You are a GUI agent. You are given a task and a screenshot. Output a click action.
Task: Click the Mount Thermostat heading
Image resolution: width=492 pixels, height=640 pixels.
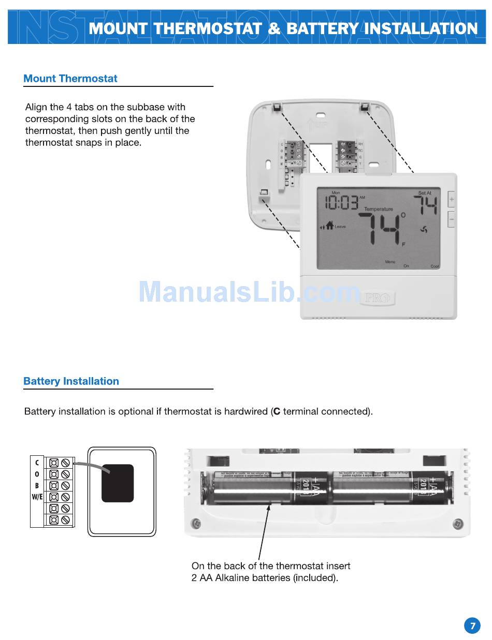(x=70, y=79)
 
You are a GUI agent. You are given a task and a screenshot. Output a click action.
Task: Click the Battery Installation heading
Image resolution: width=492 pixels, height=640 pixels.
(x=71, y=381)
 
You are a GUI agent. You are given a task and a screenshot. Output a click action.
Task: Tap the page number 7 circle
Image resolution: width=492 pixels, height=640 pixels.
(x=472, y=626)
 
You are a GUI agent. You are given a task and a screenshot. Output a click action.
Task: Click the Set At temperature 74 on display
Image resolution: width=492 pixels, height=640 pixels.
(x=427, y=205)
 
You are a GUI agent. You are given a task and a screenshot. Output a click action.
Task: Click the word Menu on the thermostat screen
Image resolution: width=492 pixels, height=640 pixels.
(x=390, y=262)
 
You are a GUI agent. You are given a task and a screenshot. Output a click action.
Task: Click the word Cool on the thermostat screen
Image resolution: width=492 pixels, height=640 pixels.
(x=435, y=266)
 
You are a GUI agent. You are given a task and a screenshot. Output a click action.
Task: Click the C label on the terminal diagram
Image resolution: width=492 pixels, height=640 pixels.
(x=37, y=463)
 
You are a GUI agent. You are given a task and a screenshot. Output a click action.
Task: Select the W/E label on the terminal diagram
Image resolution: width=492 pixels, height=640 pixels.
(x=37, y=498)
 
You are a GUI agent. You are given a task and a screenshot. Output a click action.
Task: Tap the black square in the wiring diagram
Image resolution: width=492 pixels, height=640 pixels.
(x=118, y=483)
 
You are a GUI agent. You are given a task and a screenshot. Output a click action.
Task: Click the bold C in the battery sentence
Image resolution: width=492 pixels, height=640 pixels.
(x=277, y=412)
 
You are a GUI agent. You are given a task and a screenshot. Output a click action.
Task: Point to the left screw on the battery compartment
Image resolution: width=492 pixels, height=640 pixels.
(x=195, y=525)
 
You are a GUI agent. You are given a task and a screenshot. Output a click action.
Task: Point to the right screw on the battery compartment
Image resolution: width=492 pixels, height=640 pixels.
(x=458, y=525)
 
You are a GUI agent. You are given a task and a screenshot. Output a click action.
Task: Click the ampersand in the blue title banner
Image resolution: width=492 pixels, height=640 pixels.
(x=274, y=28)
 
